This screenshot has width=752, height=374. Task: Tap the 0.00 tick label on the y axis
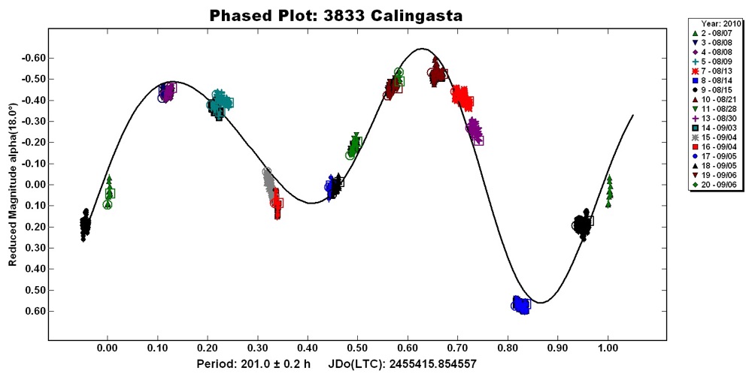click(x=35, y=185)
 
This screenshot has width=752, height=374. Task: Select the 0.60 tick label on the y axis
click(x=35, y=311)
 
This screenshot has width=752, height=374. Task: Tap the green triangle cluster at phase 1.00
click(x=609, y=191)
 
